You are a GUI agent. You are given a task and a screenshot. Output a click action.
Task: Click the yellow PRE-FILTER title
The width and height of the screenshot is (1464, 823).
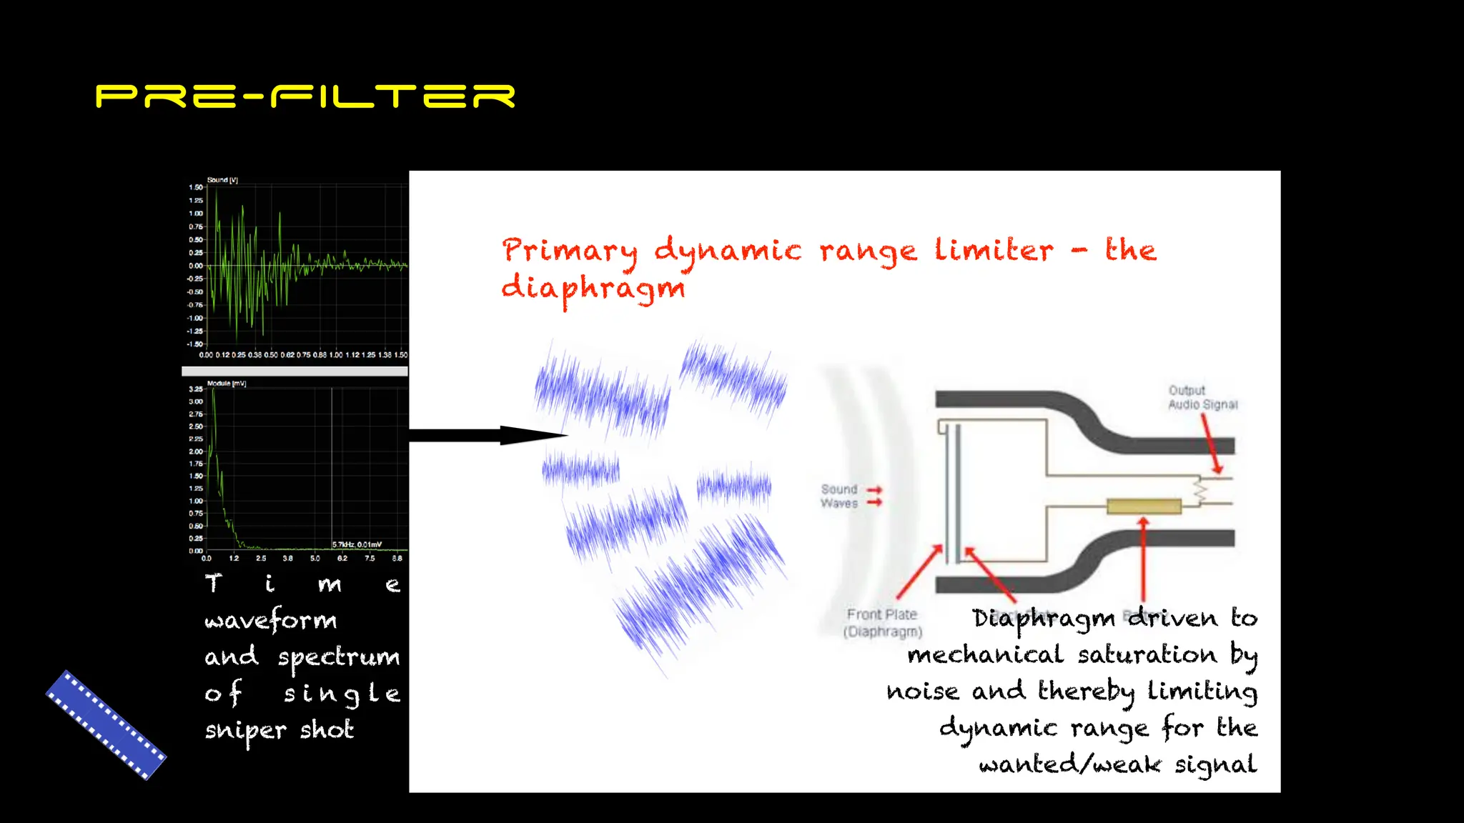305,96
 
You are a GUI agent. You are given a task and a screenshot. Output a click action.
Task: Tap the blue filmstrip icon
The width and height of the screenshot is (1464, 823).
106,724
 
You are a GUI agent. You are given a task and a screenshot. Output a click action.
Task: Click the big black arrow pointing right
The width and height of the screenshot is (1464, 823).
486,435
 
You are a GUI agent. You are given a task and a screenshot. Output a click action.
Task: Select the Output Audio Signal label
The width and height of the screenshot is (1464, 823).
1202,398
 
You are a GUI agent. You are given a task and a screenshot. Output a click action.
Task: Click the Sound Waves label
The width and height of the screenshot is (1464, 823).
839,496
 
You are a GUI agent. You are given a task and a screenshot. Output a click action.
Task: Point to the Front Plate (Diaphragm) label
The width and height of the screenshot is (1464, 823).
882,623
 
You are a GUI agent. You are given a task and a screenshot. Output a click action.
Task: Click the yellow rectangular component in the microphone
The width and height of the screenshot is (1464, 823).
1144,507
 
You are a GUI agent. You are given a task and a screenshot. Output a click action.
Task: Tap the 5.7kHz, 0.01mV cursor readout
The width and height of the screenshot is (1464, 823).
357,544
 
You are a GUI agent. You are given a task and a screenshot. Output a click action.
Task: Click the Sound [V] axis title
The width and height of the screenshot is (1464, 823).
222,180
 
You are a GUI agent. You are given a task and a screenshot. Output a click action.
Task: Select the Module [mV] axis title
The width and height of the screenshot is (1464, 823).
227,384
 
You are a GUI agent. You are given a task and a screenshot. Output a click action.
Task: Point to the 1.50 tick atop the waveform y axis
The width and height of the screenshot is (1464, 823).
195,187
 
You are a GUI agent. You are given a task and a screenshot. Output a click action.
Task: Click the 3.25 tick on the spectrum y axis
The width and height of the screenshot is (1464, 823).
195,389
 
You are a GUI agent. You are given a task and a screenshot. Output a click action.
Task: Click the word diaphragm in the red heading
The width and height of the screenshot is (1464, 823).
593,289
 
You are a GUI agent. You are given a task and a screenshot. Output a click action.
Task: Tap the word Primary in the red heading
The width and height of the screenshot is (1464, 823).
569,251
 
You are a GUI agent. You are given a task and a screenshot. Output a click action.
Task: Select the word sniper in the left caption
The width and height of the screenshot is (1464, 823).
245,730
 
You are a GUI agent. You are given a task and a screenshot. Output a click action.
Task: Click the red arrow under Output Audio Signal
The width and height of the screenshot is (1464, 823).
1211,443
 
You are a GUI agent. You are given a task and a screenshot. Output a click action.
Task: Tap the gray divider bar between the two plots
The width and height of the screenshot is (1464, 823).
295,371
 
